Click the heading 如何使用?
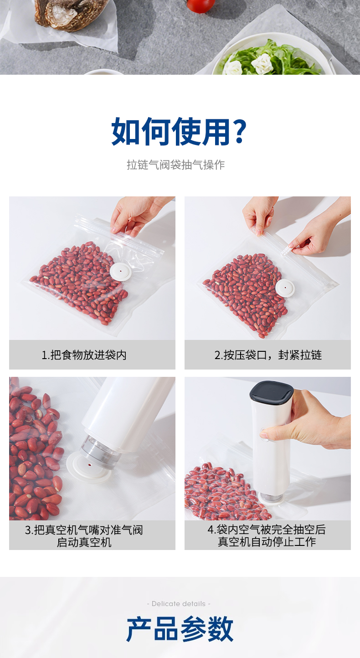(179, 132)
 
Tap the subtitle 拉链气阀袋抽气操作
(176, 165)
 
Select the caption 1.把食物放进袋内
(84, 355)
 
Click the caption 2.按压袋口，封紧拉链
(268, 355)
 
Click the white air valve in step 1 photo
(120, 272)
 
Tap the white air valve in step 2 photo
(285, 288)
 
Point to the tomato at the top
(201, 5)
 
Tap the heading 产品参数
(180, 629)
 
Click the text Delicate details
(179, 604)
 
